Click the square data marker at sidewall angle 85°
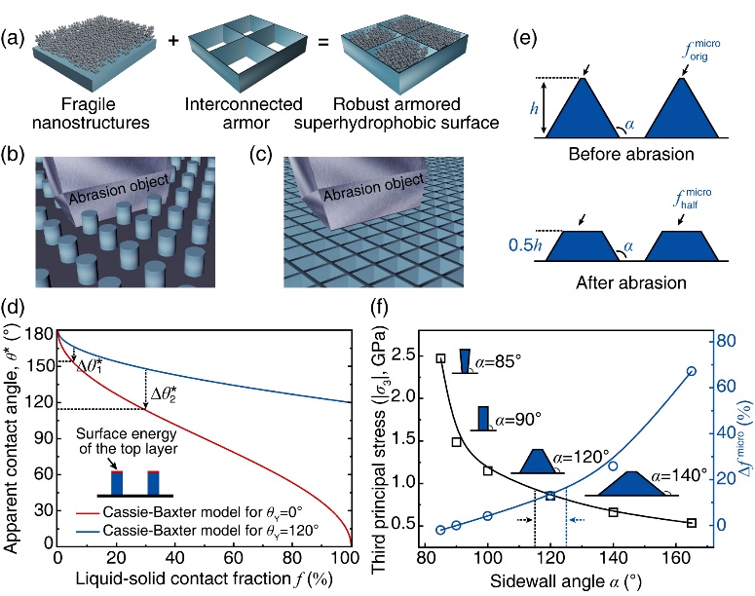click(440, 357)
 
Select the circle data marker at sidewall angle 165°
click(692, 371)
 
